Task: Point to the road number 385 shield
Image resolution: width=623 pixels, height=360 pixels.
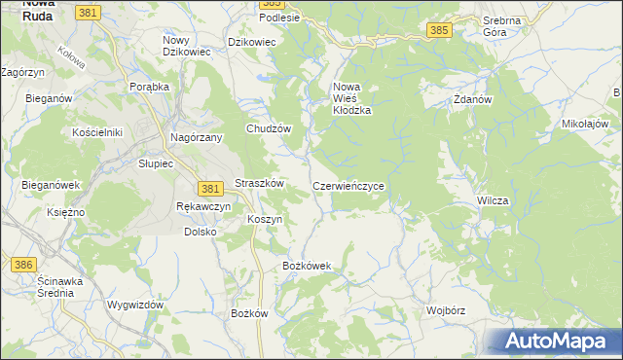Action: [439, 31]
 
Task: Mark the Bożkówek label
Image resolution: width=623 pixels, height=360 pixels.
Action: [307, 266]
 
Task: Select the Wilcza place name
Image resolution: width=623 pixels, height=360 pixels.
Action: [493, 200]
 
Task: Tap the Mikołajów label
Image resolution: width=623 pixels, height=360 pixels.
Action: [585, 124]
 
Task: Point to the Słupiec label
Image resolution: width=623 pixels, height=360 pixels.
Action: [155, 163]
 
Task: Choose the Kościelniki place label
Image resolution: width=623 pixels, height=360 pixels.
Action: [95, 131]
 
